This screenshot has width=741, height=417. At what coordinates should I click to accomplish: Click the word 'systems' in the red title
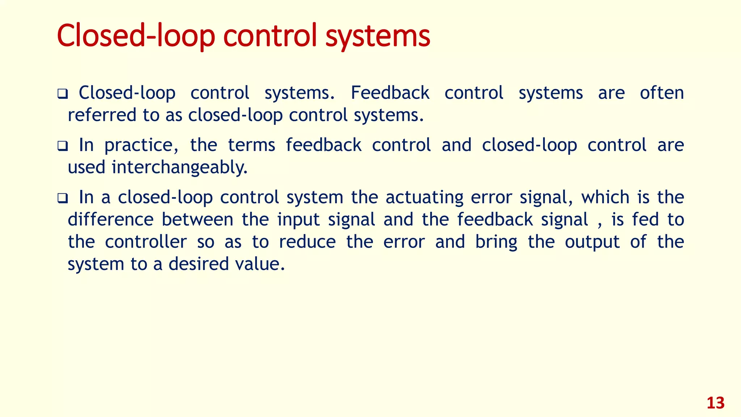[378, 36]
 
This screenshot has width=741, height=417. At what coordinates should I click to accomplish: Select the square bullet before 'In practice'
[63, 146]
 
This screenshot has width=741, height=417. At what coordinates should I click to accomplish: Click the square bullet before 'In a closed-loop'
[63, 198]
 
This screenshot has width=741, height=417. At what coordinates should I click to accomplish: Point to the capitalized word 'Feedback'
[390, 93]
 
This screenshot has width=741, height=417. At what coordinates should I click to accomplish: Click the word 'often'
[662, 93]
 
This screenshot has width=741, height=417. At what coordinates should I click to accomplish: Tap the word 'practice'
[141, 146]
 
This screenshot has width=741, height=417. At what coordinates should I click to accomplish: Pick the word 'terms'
[251, 145]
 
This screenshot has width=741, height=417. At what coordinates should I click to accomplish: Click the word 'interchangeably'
[179, 168]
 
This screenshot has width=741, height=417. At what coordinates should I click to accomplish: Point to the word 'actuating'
[424, 198]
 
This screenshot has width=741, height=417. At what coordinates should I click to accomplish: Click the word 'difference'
[111, 220]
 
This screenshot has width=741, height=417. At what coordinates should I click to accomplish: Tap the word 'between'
[197, 220]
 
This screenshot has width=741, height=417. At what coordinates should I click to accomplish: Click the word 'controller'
[146, 242]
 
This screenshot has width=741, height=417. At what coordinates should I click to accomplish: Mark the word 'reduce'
[307, 242]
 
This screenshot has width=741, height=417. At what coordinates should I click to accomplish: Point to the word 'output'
[592, 242]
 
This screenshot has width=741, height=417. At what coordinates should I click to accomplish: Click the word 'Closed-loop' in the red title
[136, 36]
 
